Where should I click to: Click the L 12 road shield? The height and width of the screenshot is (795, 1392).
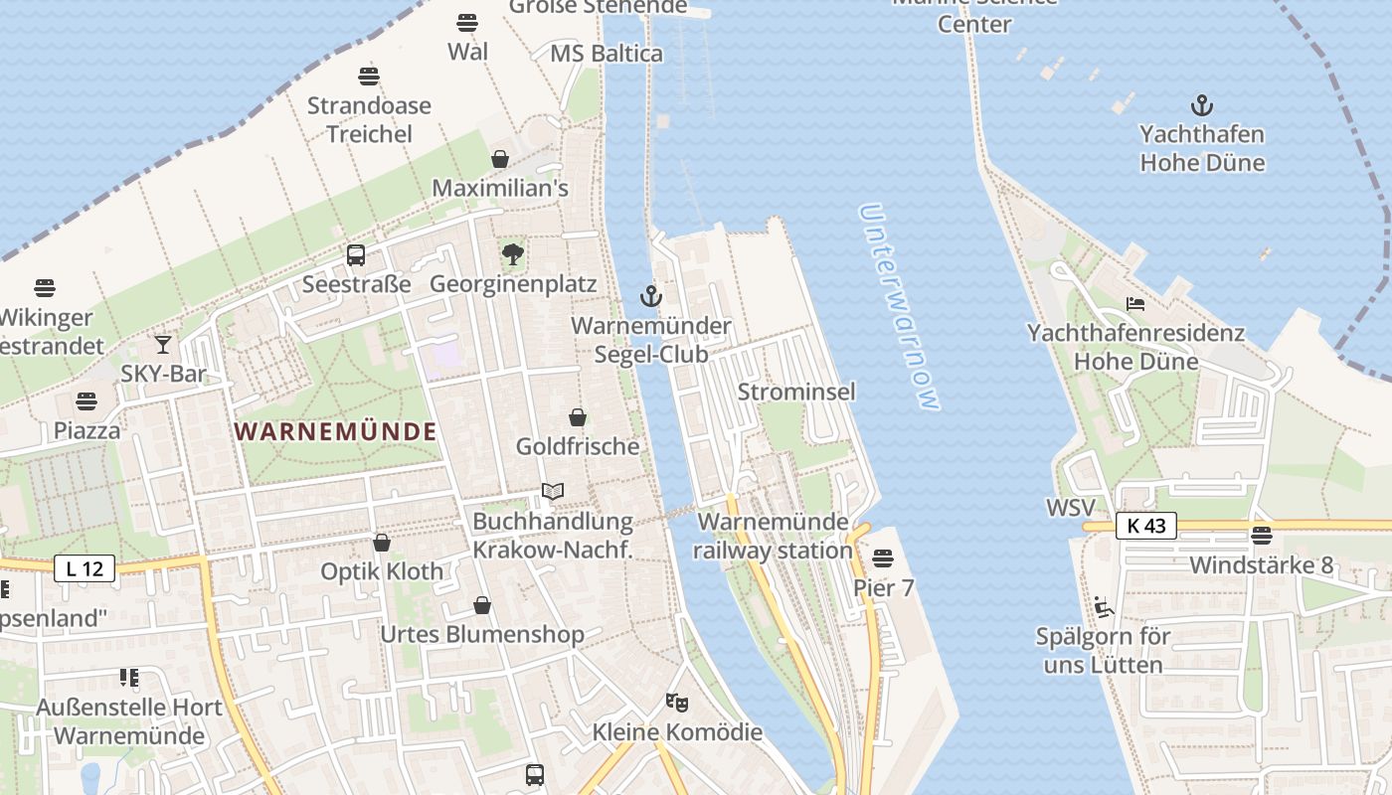[85, 569]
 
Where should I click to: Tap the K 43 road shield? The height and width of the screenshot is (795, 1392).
[1145, 526]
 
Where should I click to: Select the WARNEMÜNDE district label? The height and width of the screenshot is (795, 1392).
[336, 431]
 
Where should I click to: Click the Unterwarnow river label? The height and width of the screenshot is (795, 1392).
[899, 307]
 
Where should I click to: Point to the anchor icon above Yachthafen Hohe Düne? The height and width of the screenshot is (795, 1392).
[1202, 105]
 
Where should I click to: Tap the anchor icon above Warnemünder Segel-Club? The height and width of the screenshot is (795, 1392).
[650, 296]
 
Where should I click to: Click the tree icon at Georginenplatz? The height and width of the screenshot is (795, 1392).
[513, 255]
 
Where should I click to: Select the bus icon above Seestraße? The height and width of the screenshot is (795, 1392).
[356, 255]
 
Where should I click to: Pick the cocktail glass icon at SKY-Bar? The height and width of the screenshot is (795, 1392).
[163, 345]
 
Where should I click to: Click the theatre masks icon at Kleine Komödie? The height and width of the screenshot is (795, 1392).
[677, 703]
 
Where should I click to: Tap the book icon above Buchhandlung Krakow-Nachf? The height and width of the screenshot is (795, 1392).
[553, 492]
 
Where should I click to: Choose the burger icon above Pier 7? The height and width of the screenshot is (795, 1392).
[883, 558]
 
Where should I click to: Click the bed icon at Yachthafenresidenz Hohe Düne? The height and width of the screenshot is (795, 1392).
[1135, 304]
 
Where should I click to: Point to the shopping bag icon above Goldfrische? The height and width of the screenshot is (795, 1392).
[578, 417]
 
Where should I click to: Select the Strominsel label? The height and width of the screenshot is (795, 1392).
[795, 392]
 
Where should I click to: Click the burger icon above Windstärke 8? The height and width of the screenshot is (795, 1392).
[1262, 536]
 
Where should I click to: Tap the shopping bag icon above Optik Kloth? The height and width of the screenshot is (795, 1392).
[382, 543]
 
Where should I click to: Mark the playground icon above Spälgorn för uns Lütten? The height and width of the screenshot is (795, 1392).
[1103, 606]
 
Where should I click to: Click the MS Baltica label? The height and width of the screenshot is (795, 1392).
[607, 54]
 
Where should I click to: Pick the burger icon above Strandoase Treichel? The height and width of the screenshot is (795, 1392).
[369, 77]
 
